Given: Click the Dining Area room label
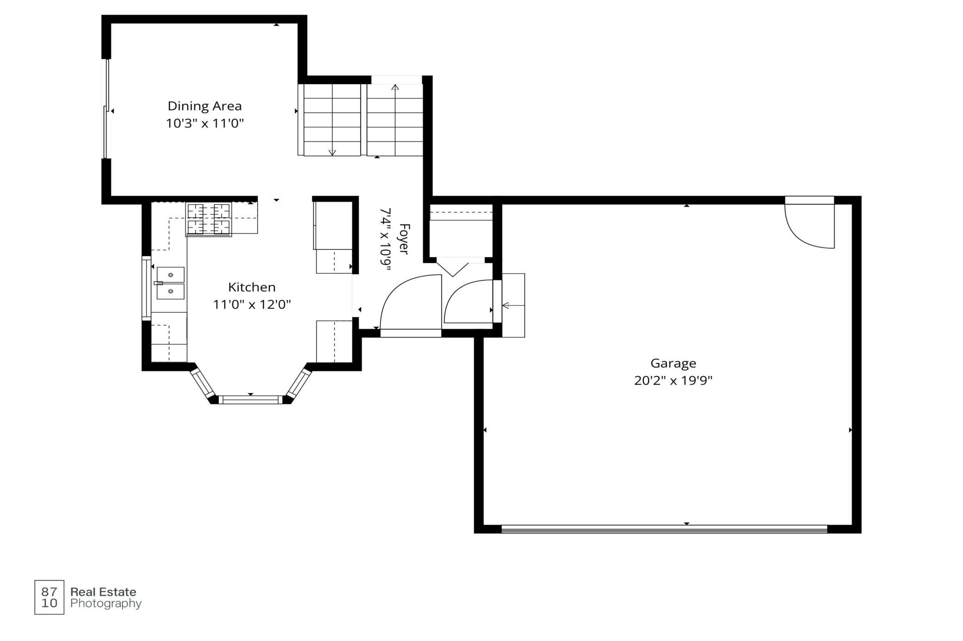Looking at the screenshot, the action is coord(205,106).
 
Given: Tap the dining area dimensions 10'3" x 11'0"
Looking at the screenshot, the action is coord(205,123).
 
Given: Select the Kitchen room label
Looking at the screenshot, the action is coord(252,287).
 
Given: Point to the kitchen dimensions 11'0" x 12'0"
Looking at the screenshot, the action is coord(252,304).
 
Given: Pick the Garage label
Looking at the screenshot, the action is coord(673,364).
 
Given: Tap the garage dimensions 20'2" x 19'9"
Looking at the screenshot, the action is coord(673,381).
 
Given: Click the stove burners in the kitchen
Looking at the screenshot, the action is coord(209,219).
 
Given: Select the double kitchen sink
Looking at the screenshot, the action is coord(170,283).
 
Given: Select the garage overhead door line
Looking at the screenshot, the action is coord(664,529).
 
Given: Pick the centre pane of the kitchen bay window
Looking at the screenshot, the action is coord(250,400).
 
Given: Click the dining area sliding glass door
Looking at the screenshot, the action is coord(106,109).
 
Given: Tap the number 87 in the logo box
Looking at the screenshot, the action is coord(50,592).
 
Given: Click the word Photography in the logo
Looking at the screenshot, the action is coord(106,604).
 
